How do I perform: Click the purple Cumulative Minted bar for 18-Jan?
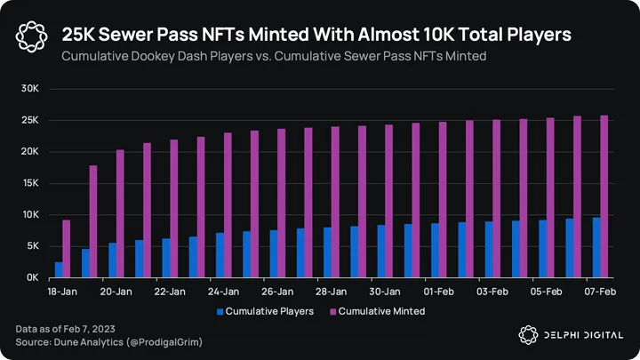tap(67, 249)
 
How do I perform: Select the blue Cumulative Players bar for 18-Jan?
tap(59, 269)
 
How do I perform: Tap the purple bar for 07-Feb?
tap(604, 196)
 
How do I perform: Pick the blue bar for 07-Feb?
tap(596, 247)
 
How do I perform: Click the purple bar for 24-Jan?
tap(228, 205)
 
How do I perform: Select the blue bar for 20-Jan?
tap(113, 260)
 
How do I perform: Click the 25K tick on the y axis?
tap(30, 120)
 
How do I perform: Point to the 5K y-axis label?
tap(32, 246)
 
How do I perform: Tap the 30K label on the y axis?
tap(30, 89)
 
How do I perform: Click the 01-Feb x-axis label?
tap(439, 292)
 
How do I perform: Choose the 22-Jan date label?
tap(169, 292)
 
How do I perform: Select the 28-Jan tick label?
tap(331, 292)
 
